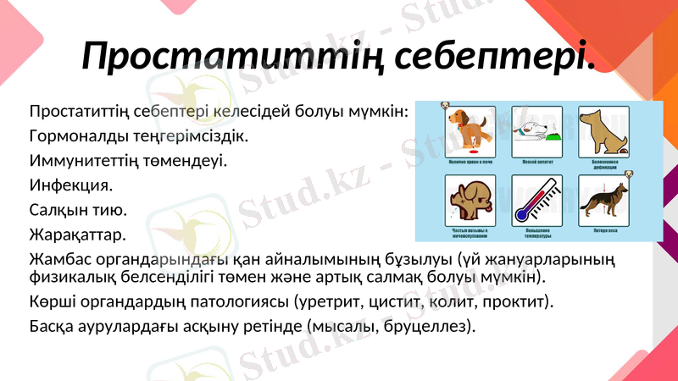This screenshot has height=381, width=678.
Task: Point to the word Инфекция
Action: click(x=70, y=184)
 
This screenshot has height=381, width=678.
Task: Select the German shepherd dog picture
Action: click(x=604, y=202)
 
